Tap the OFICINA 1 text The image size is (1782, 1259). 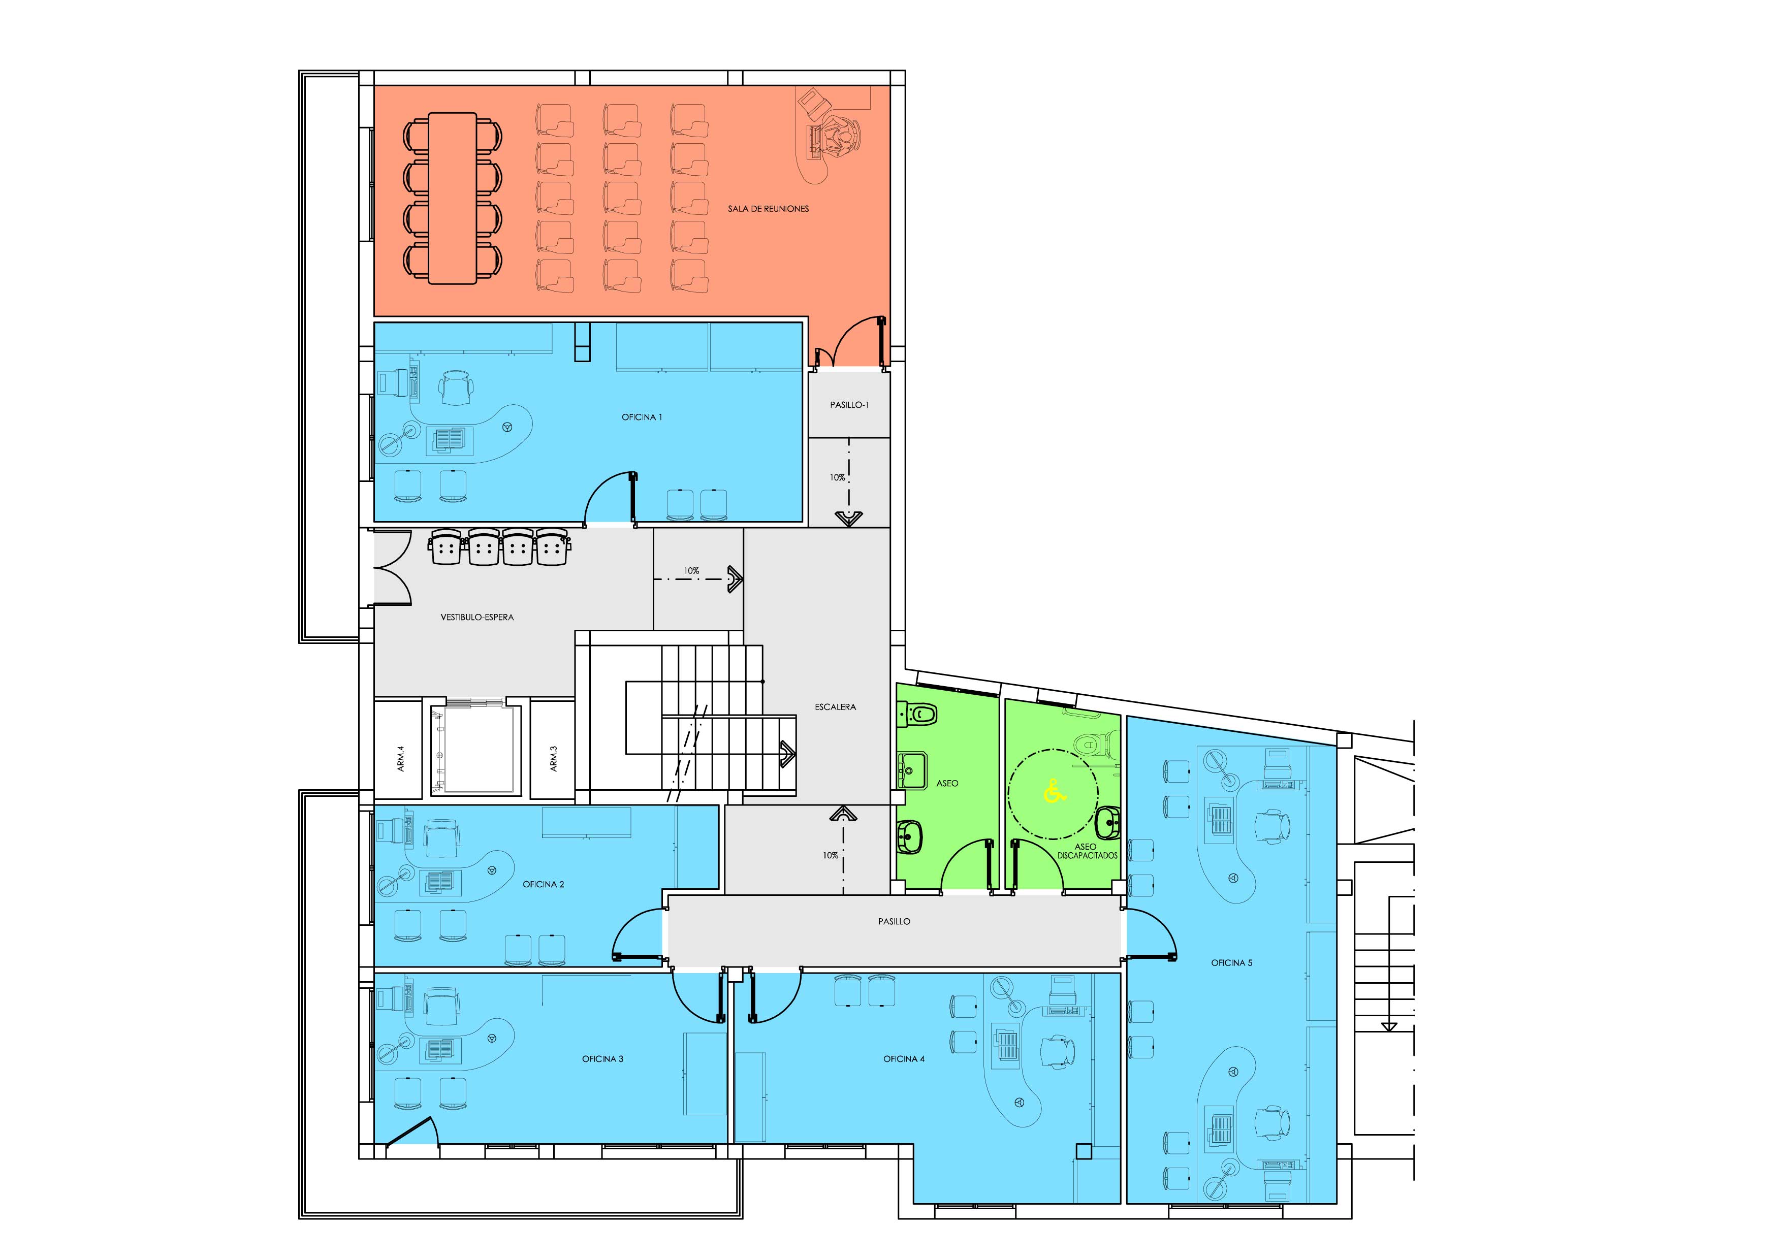click(x=642, y=417)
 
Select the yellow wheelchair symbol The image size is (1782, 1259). click(x=1053, y=792)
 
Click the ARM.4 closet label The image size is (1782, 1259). click(x=400, y=759)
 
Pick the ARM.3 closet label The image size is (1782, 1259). click(x=553, y=759)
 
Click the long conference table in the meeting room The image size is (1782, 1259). click(x=453, y=199)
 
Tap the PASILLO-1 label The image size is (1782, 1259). click(x=849, y=405)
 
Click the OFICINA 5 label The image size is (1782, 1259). click(x=1232, y=963)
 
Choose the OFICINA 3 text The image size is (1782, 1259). click(x=602, y=1059)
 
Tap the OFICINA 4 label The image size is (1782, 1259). click(x=903, y=1059)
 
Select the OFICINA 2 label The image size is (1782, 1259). click(x=544, y=884)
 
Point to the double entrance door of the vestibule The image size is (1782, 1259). click(x=393, y=567)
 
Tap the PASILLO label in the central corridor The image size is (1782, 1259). click(x=894, y=922)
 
